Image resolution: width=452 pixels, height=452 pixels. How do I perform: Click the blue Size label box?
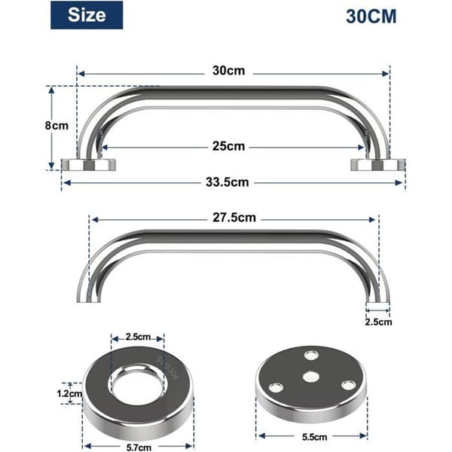(x=87, y=15)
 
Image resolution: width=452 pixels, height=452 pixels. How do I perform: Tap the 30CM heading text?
(x=371, y=17)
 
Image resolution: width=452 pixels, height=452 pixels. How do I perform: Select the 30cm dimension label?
(x=228, y=71)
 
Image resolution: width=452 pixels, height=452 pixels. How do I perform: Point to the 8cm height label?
(x=56, y=126)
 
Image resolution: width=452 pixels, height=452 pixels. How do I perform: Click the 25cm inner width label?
(x=228, y=146)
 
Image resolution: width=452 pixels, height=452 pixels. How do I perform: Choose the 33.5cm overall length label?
(x=228, y=182)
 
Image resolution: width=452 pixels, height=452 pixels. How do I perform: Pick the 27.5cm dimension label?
(x=234, y=218)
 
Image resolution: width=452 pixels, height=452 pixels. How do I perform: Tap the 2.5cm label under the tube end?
(x=378, y=322)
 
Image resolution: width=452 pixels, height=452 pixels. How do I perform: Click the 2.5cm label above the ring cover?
(x=138, y=337)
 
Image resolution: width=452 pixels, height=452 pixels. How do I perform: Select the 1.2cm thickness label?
(x=69, y=393)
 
